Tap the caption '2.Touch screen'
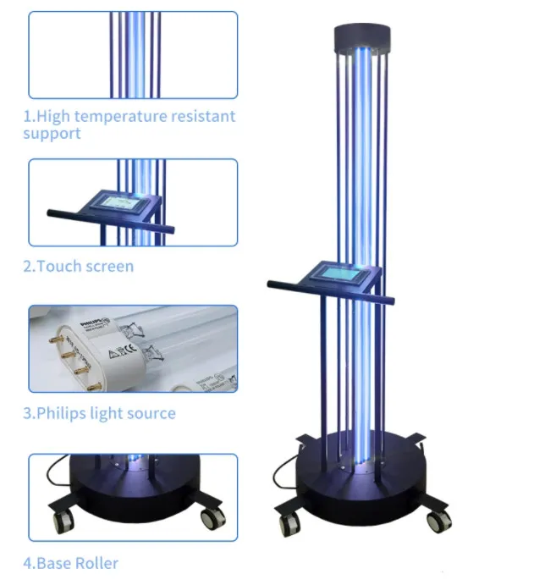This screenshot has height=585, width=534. coord(78,266)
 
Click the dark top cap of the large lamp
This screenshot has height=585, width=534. coord(363,37)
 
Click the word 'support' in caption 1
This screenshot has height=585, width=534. coord(52,134)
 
